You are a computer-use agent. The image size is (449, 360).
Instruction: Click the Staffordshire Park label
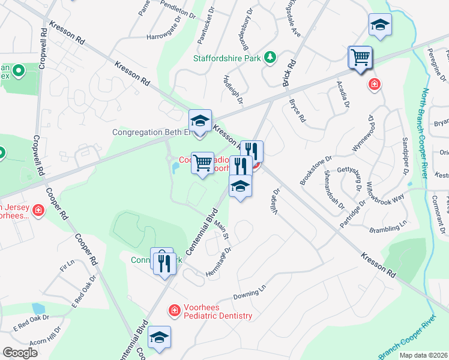click(228, 58)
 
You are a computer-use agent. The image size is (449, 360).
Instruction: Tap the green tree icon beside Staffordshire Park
click(271, 57)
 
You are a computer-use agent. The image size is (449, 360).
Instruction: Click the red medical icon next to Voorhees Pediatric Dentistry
click(174, 310)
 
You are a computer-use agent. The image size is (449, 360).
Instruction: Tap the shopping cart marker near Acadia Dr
click(360, 58)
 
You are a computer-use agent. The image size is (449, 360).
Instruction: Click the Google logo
click(20, 353)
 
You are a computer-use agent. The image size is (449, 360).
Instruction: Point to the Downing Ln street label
click(249, 295)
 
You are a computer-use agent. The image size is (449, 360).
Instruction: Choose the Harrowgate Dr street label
click(164, 37)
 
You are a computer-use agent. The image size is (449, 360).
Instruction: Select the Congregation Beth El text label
click(151, 132)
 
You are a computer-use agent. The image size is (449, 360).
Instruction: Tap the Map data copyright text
click(423, 355)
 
